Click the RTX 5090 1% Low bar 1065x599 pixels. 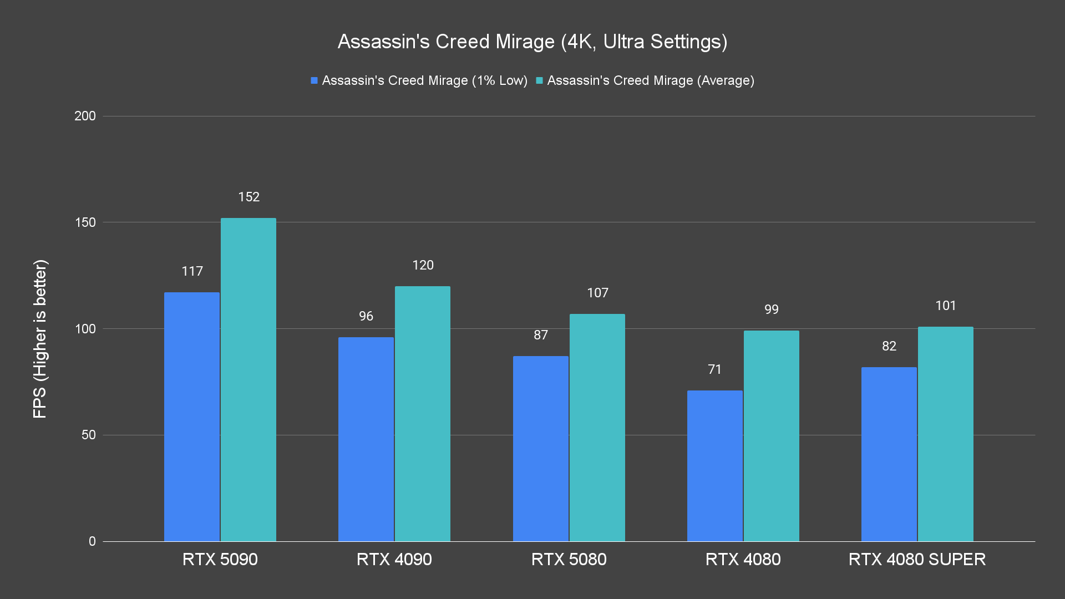coord(192,417)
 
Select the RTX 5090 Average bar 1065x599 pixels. coord(248,379)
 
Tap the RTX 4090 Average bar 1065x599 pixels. coord(423,414)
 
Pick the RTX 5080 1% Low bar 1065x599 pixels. coord(541,449)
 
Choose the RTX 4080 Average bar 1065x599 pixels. coord(771,436)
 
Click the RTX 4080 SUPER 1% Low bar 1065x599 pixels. coord(889,454)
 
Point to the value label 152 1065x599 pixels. coord(249,197)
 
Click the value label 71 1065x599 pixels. coord(715,369)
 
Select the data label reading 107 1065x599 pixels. coord(598,293)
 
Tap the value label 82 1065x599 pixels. coord(889,346)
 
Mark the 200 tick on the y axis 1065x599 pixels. coord(85,116)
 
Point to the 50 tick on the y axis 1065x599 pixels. coord(89,435)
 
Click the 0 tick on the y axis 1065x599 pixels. coord(92,541)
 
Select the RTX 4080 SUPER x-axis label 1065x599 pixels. coord(917,559)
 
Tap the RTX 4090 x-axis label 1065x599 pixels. coord(394,559)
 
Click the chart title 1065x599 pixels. coord(532,42)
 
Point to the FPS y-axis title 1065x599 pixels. coord(40,338)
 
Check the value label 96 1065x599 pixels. coord(366,316)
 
